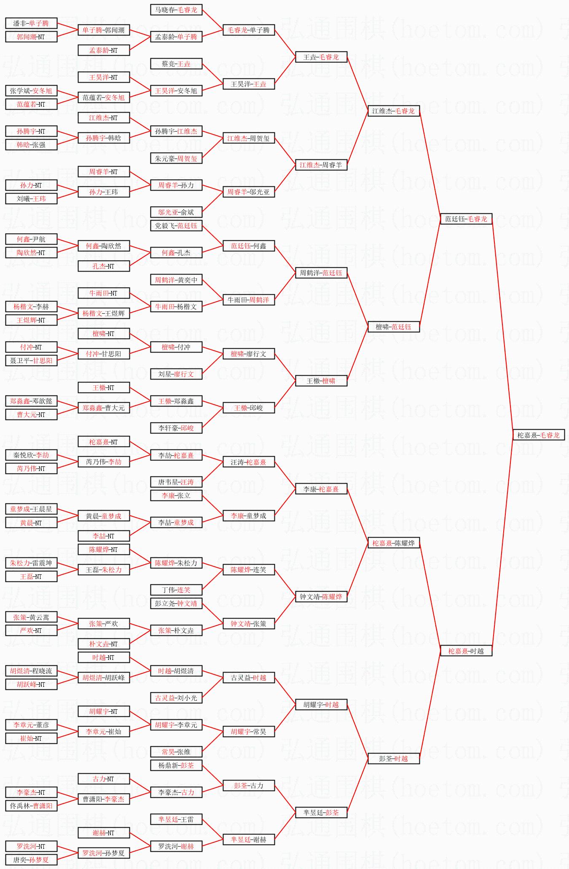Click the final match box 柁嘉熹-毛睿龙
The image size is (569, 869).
point(538,435)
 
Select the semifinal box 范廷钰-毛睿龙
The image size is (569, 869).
point(466,219)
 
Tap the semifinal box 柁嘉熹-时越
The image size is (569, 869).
point(466,651)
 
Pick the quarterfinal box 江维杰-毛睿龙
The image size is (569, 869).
point(393,111)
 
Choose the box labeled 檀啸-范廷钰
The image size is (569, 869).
point(393,327)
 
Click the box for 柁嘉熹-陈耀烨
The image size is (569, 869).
point(393,543)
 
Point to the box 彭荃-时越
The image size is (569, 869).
point(393,759)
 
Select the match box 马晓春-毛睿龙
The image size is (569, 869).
point(176,10)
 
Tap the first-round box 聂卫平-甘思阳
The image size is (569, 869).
point(31,361)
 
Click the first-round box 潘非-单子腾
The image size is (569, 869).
point(31,24)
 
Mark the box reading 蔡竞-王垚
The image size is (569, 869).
point(176,64)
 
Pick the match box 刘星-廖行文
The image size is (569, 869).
point(176,374)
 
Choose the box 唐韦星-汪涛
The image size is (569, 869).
point(176,482)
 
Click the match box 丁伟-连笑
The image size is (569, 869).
point(176,590)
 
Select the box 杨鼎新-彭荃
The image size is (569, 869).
point(176,765)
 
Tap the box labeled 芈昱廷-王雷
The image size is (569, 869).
point(176,819)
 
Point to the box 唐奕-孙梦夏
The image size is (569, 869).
point(31,859)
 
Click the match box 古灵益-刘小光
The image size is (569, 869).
point(176,698)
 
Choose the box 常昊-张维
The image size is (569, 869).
point(176,752)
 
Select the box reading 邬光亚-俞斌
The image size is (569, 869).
point(176,212)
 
